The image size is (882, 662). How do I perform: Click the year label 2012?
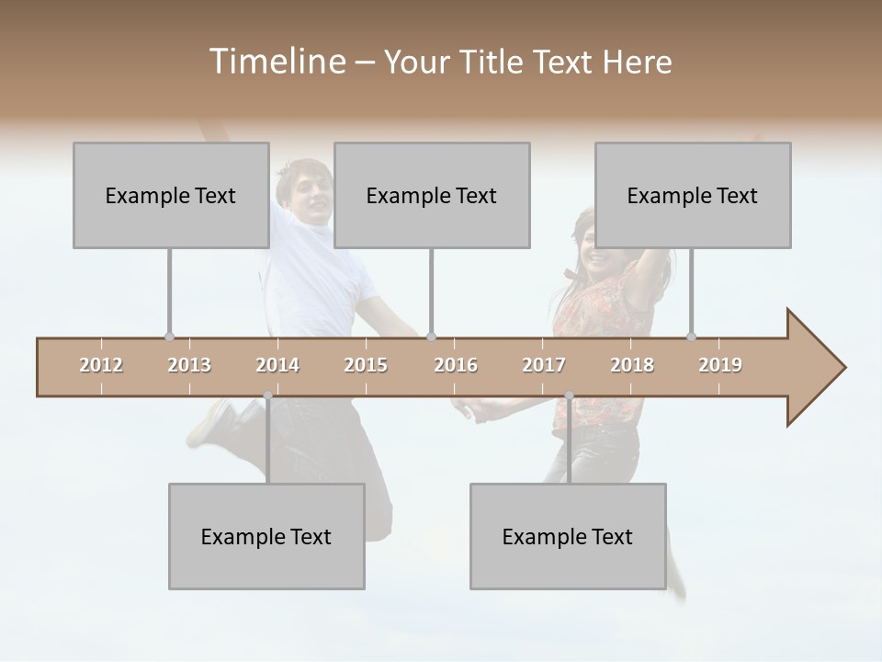click(101, 365)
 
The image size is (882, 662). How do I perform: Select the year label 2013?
click(189, 365)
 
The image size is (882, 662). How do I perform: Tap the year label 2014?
click(277, 365)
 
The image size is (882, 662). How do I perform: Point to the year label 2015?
click(366, 365)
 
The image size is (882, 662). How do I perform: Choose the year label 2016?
click(456, 365)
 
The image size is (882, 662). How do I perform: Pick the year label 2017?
click(544, 365)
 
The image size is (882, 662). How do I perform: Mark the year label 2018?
click(632, 365)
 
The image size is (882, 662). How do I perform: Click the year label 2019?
click(720, 365)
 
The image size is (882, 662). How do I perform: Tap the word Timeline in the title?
click(276, 62)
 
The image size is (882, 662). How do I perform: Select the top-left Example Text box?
click(171, 195)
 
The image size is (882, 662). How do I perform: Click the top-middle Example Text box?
click(432, 195)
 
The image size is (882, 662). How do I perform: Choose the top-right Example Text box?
click(693, 195)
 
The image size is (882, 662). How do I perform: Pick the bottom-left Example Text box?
click(266, 536)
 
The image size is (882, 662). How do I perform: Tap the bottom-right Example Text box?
click(568, 536)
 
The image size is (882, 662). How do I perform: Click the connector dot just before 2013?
click(169, 337)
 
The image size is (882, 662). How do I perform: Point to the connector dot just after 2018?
click(692, 337)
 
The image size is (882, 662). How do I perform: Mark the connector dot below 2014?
click(267, 395)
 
